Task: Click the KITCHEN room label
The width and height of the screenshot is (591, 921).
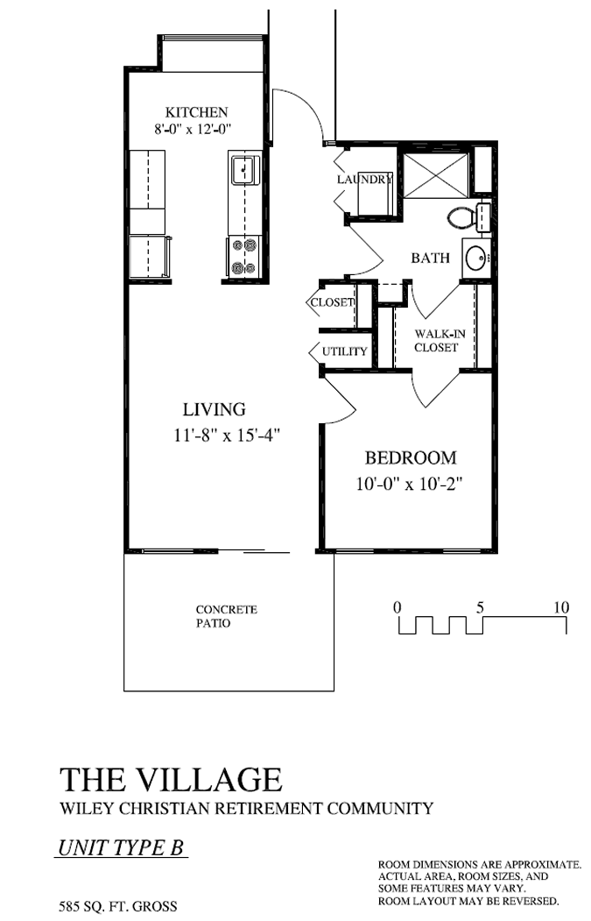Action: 197,112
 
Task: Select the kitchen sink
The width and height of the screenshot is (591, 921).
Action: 244,168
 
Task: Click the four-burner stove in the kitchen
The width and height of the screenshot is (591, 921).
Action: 244,257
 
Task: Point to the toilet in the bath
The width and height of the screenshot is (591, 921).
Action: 462,216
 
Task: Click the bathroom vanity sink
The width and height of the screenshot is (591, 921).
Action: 475,258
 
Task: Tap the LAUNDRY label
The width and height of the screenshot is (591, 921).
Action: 364,180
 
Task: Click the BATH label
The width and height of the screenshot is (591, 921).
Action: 431,259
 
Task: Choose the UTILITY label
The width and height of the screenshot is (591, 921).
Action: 344,351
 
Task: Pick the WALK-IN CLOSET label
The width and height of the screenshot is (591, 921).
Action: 436,339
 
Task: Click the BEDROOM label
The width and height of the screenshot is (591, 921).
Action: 410,457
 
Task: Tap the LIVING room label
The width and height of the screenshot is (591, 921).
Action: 214,409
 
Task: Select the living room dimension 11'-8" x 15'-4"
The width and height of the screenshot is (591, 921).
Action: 227,435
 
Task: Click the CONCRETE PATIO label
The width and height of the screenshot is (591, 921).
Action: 226,616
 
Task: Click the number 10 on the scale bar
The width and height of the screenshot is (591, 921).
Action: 561,607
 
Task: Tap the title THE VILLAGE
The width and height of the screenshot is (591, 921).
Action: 171,779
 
